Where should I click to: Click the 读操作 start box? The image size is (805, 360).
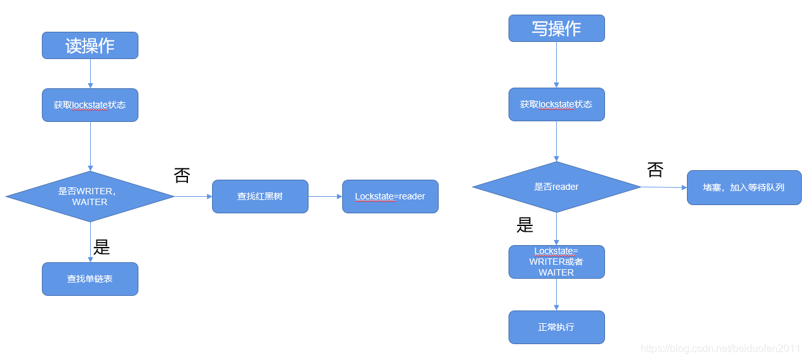click(90, 46)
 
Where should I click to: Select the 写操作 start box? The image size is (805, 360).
click(556, 29)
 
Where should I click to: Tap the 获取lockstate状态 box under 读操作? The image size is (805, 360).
click(90, 105)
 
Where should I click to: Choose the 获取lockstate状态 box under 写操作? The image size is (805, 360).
click(556, 104)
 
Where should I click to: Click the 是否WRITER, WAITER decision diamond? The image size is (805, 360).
click(90, 196)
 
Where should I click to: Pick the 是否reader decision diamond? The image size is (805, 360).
click(556, 187)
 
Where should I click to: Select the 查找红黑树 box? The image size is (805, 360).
click(260, 196)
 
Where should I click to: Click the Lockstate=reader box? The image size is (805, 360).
click(390, 196)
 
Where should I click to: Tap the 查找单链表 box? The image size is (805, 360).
click(90, 279)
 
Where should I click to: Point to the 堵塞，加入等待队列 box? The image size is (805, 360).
click(743, 188)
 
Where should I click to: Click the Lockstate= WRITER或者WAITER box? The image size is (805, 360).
click(556, 262)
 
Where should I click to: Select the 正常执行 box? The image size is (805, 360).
click(556, 327)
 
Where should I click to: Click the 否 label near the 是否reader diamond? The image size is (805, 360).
click(655, 170)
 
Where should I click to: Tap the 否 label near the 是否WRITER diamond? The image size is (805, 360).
click(182, 176)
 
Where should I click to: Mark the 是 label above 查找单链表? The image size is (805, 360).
click(102, 247)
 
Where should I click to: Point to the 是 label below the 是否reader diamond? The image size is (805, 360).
click(524, 225)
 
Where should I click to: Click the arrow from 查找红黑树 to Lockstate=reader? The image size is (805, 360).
click(325, 196)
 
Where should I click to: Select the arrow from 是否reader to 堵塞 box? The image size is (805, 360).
click(663, 187)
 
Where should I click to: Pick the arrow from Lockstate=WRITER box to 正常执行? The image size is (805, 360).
click(556, 294)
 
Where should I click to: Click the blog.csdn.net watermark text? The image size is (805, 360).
click(720, 349)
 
